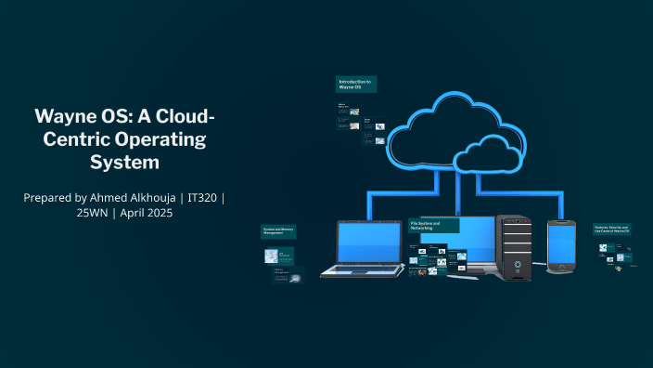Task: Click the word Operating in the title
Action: (160, 139)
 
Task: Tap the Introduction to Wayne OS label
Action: (356, 84)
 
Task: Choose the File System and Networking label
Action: (433, 226)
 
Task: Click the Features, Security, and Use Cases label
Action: (612, 229)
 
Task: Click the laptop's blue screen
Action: (368, 243)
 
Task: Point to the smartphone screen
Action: (562, 244)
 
